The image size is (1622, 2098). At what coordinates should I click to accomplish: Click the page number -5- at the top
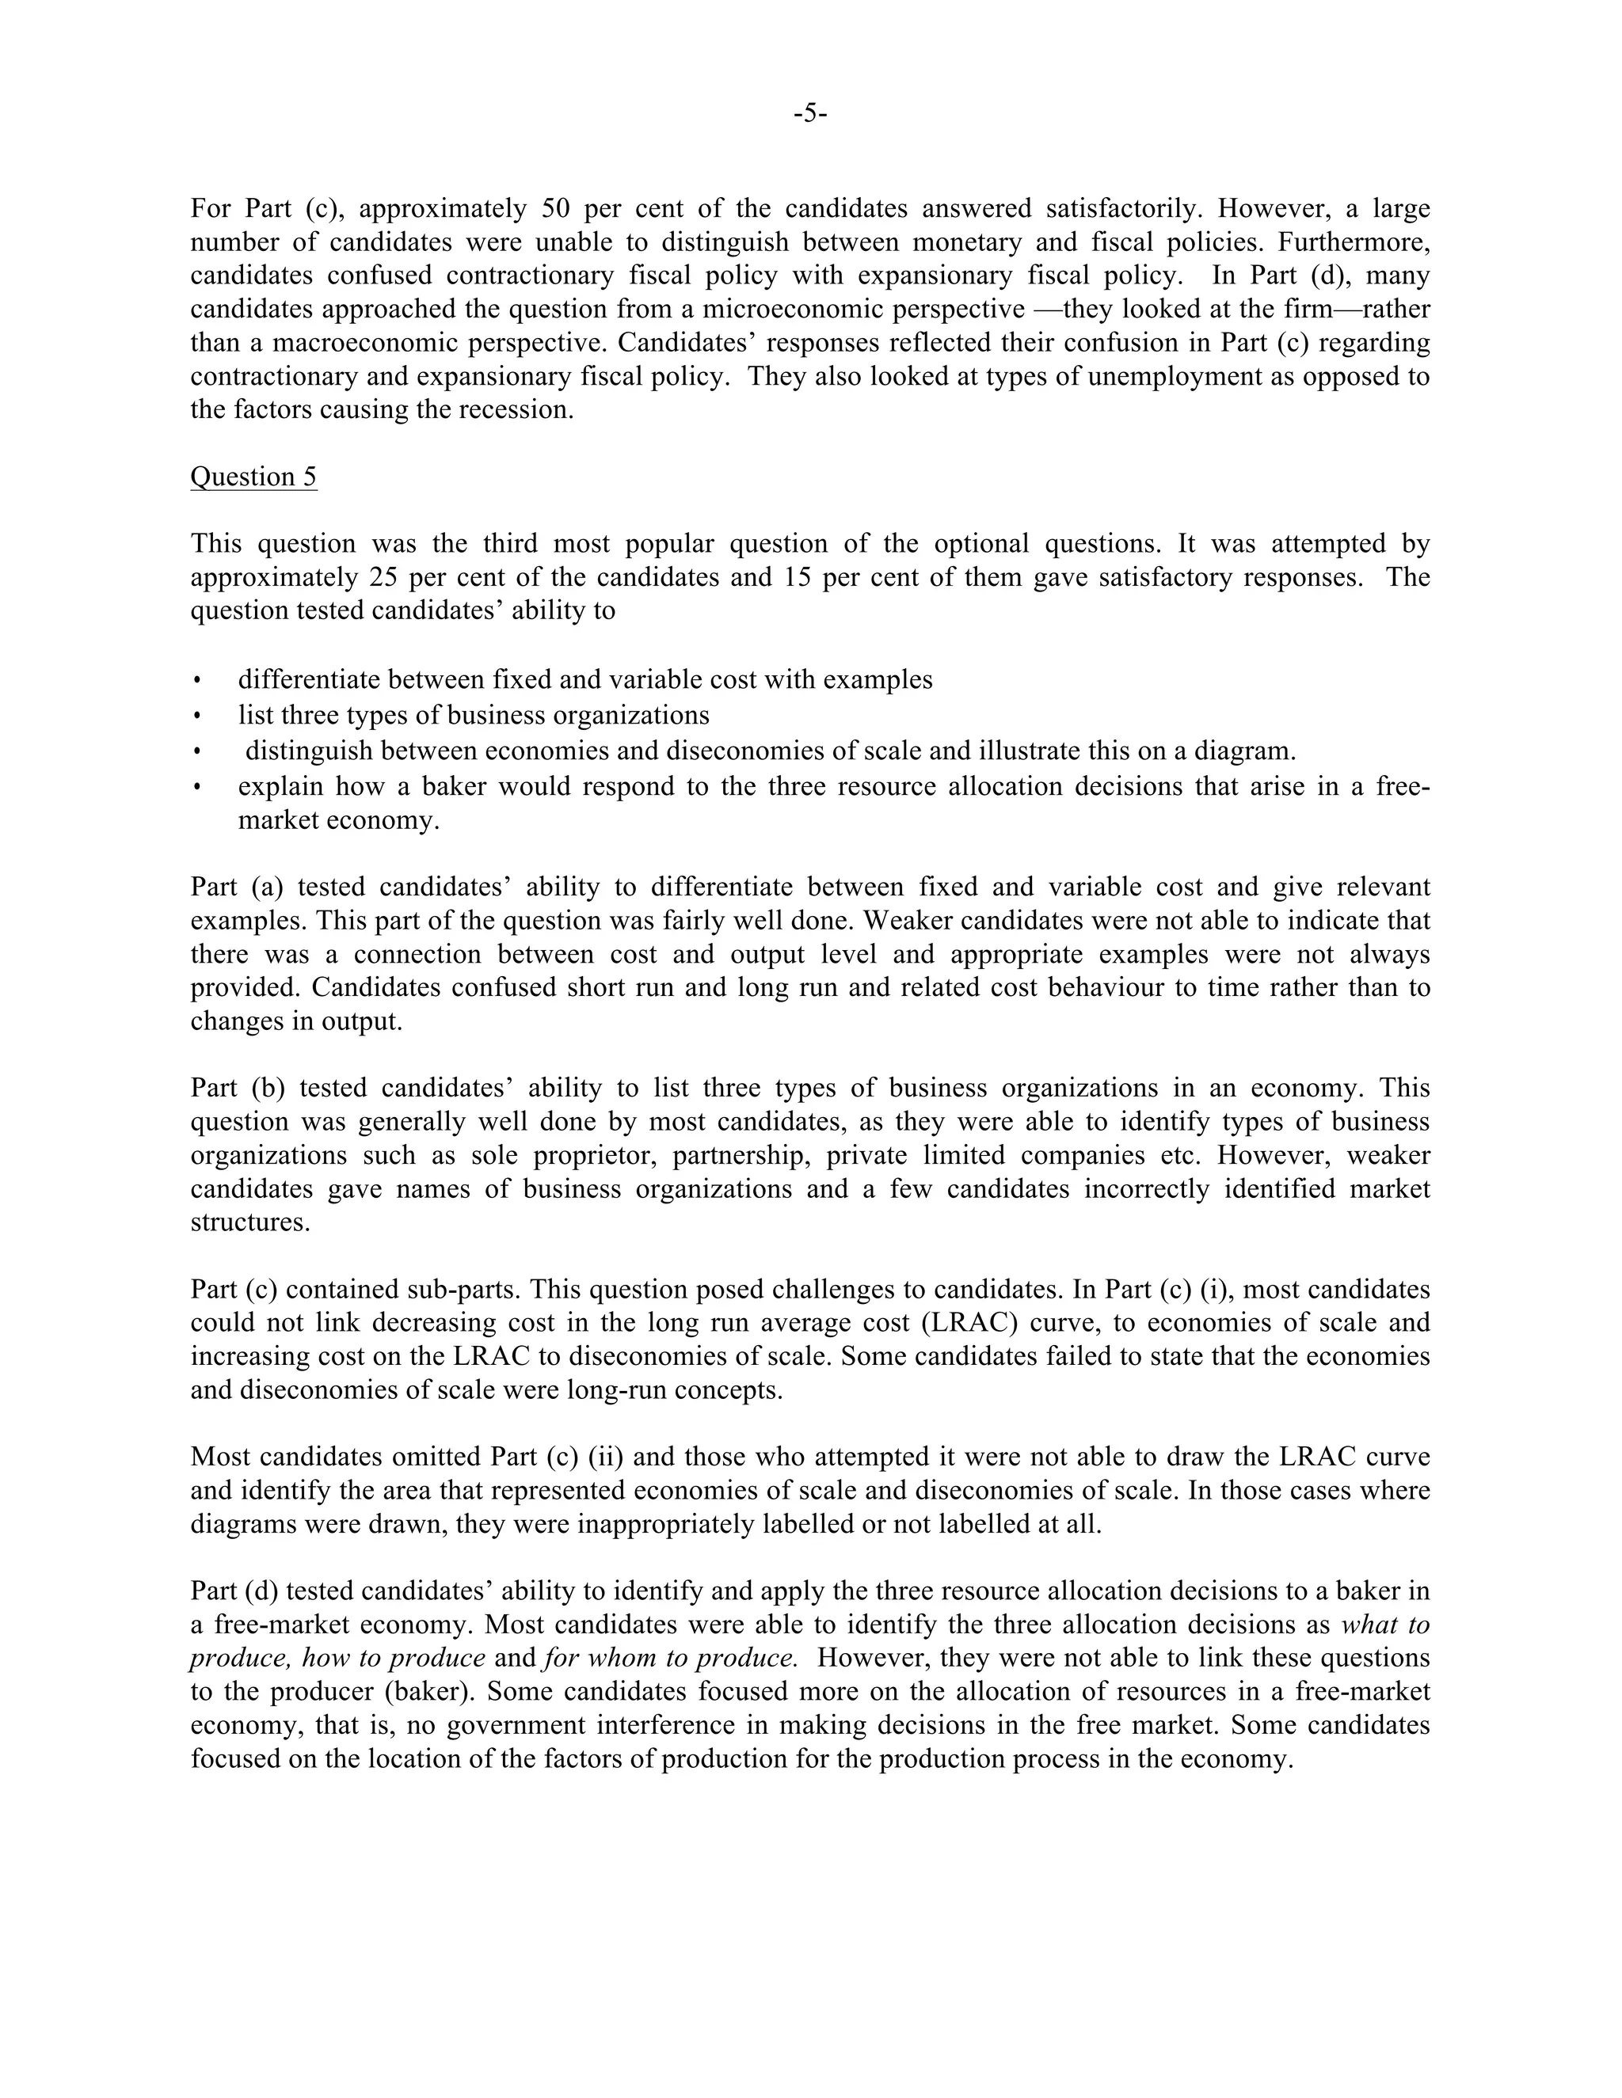(x=810, y=113)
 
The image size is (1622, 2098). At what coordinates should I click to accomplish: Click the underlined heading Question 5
(x=253, y=477)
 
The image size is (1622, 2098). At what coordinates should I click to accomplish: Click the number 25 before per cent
(x=383, y=577)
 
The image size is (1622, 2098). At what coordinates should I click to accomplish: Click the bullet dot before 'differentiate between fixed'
(x=197, y=681)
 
